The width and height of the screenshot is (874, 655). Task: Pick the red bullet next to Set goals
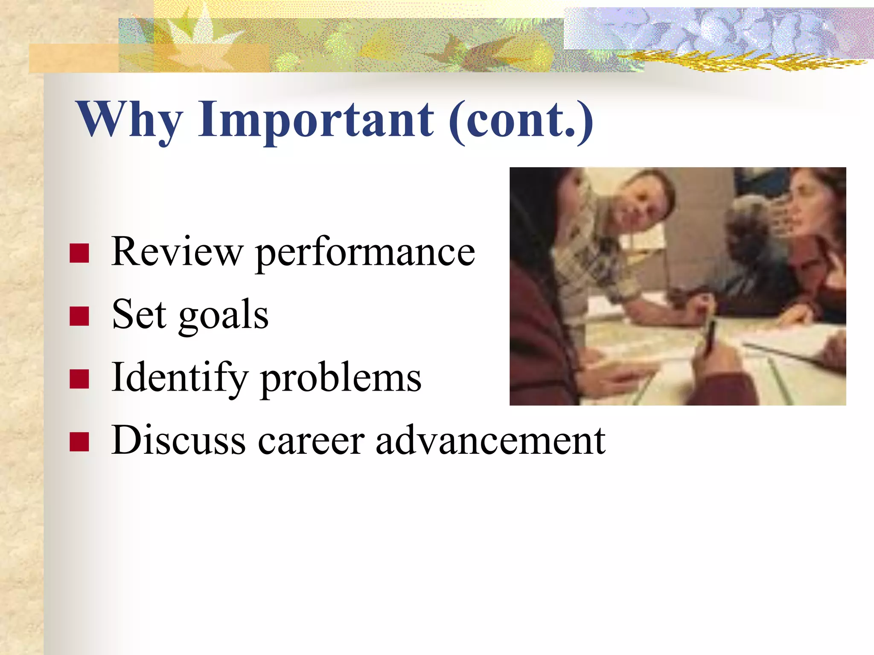[79, 316]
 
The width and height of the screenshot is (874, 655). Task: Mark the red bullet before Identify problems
[79, 379]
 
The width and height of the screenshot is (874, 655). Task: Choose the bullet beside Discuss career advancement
[79, 442]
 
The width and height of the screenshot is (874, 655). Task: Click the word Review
[177, 252]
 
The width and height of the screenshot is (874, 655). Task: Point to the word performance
[365, 254]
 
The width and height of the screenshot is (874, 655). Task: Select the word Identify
[179, 378]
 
